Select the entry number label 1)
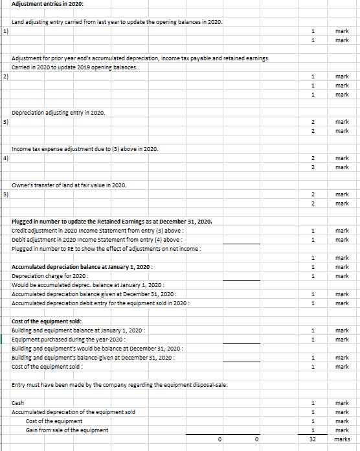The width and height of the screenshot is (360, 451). (5, 30)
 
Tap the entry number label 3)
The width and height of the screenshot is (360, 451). (5, 121)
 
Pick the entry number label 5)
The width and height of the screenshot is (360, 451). (5, 194)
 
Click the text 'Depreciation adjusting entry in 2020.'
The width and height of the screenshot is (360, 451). (59, 113)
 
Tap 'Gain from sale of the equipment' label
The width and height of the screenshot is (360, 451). (67, 430)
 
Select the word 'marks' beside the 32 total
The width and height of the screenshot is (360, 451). (341, 439)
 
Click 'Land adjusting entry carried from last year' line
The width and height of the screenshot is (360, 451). (118, 22)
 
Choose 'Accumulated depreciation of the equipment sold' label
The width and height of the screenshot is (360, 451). (74, 412)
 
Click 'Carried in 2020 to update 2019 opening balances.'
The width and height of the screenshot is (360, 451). (74, 67)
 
